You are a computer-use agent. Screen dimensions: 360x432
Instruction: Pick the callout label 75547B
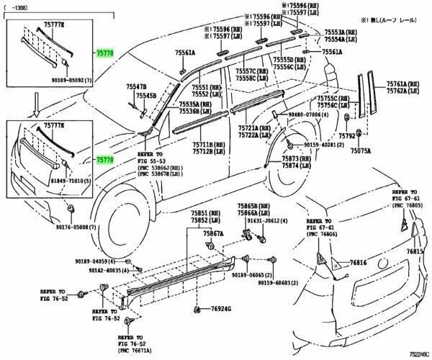pyautogui.click(x=136, y=86)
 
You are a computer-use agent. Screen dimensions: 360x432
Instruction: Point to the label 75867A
pyautogui.click(x=212, y=234)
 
